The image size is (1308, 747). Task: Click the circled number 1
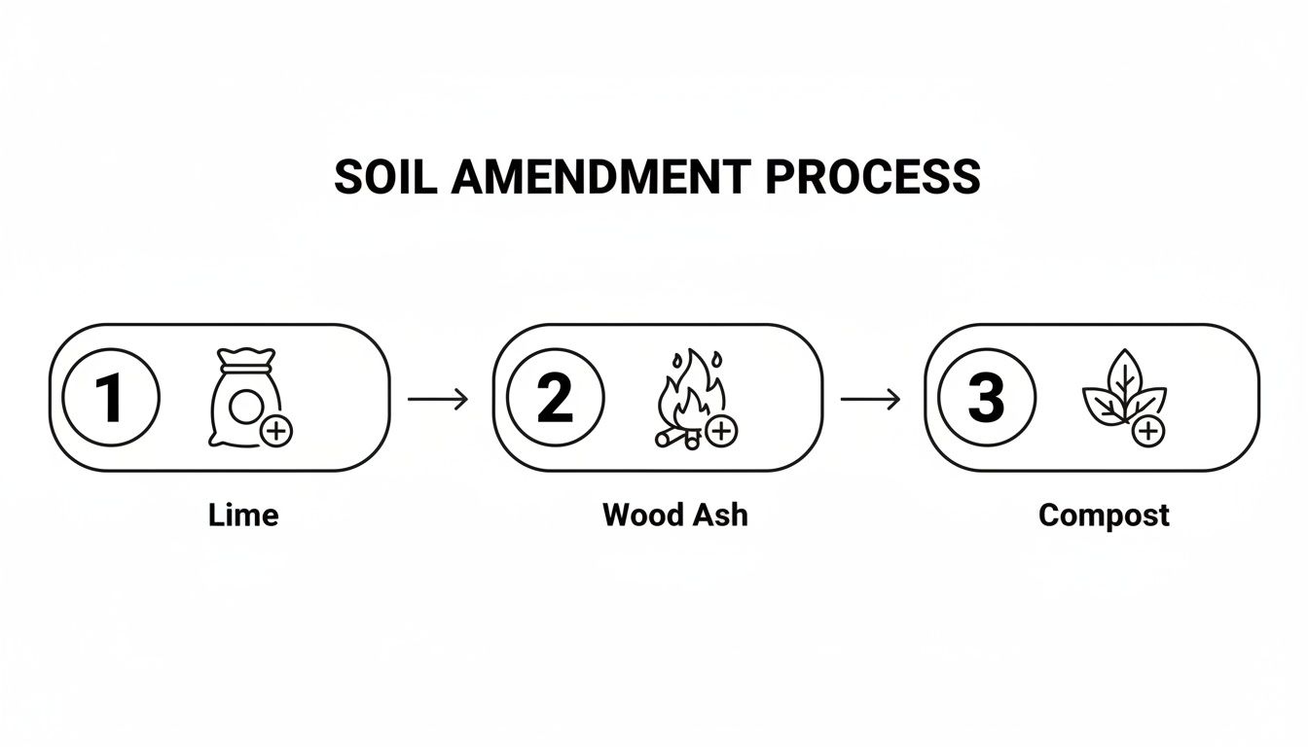pos(110,398)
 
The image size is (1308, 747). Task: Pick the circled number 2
pos(555,398)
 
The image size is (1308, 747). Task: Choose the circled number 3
pos(986,398)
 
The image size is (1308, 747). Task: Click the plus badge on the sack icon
pos(277,430)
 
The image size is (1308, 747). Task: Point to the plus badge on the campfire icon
pos(720,430)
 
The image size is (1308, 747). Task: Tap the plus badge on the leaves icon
pos(1149,430)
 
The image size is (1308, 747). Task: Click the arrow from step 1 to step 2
pos(438,398)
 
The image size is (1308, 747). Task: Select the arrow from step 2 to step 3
pos(870,398)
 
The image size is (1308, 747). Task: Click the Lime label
pos(243,515)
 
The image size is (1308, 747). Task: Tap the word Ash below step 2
pos(721,515)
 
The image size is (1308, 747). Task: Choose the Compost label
pos(1104,516)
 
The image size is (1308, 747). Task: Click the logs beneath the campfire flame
pos(677,439)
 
